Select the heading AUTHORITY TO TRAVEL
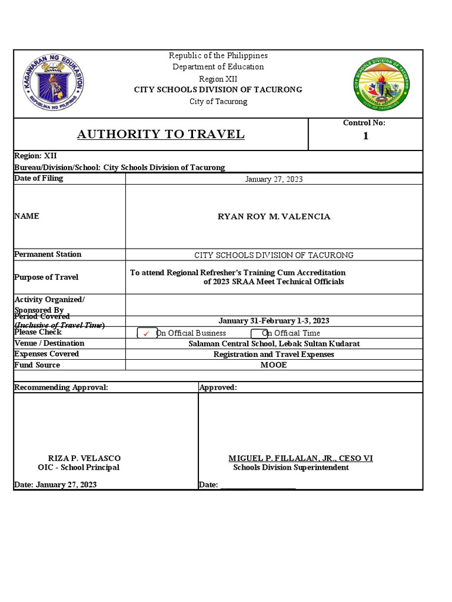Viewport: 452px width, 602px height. coord(161,135)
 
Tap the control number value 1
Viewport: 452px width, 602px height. coord(365,136)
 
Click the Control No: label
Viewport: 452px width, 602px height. coord(364,123)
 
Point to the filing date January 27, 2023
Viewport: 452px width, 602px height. coord(274,179)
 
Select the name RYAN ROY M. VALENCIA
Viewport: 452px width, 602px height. coord(274,216)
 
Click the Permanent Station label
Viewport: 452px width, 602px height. coord(48,255)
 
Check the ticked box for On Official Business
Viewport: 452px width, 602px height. coord(147,333)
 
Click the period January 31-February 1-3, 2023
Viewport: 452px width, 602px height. coord(274,321)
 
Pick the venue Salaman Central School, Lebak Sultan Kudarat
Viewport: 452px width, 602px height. coord(274,343)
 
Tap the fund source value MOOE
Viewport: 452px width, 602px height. coord(274,365)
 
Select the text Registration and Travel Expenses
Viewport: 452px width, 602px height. coord(274,354)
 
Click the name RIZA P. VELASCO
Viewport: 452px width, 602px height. coord(84,458)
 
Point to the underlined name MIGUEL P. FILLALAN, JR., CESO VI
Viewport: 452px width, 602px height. coord(300,458)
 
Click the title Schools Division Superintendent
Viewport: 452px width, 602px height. coord(291,467)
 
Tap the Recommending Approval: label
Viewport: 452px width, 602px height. coord(61,387)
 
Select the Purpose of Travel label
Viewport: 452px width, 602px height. coord(46,277)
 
